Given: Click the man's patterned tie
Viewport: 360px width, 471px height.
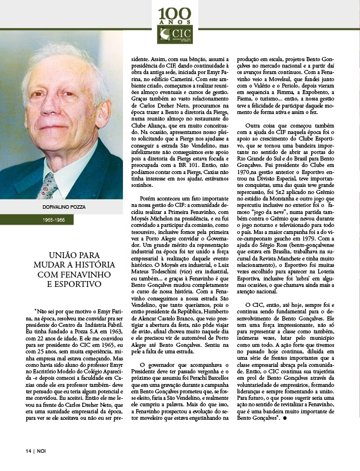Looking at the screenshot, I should [x=49, y=183].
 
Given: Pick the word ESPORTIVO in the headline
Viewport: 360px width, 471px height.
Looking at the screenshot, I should [x=66, y=285].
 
